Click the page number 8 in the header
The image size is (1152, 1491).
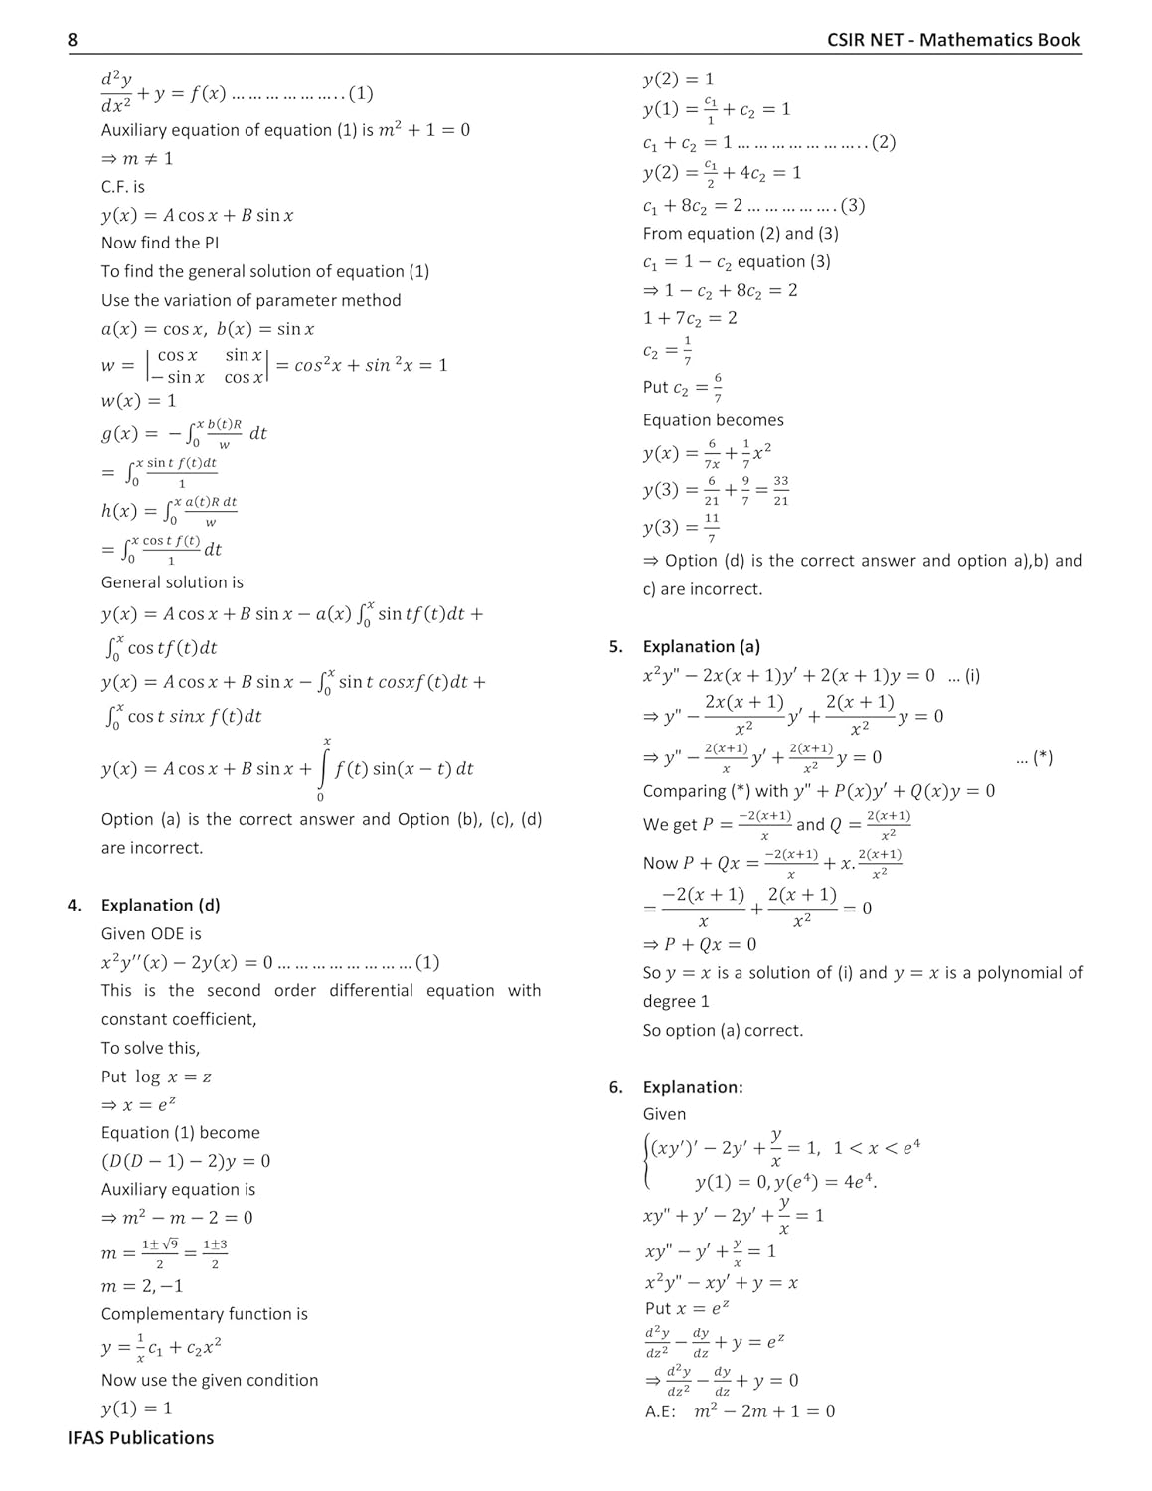click(x=73, y=40)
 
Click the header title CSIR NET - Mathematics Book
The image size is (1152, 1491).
click(x=953, y=40)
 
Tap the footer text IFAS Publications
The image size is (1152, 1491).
click(x=140, y=1437)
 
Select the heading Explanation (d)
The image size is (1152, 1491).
click(x=160, y=905)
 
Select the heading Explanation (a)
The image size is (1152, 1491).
click(x=701, y=646)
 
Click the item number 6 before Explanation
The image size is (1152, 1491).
click(x=616, y=1087)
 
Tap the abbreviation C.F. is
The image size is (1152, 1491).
click(x=123, y=187)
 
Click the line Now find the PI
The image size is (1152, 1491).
click(x=160, y=243)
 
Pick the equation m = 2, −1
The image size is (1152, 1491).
click(x=142, y=1286)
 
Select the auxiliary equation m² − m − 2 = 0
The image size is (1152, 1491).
click(x=177, y=1218)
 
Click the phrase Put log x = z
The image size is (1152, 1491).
click(x=156, y=1077)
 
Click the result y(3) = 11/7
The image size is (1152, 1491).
click(x=681, y=527)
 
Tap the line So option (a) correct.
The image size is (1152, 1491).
click(x=723, y=1030)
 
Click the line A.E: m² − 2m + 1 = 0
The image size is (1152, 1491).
click(x=740, y=1410)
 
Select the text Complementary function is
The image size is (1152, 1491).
click(x=205, y=1314)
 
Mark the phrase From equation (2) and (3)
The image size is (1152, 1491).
click(x=741, y=234)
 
